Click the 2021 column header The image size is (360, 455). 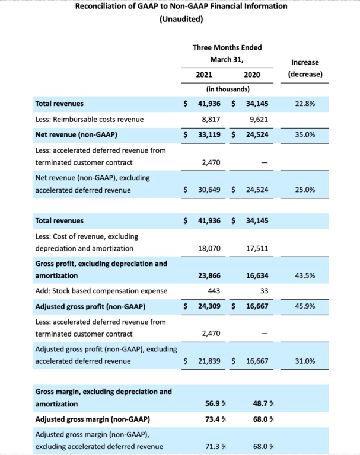pyautogui.click(x=204, y=75)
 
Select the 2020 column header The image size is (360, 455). pyautogui.click(x=251, y=75)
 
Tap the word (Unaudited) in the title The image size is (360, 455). pyautogui.click(x=181, y=20)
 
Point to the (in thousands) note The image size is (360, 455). pyautogui.click(x=227, y=89)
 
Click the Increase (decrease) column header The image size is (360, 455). pyautogui.click(x=305, y=68)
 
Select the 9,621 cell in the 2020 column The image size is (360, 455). pyautogui.click(x=258, y=120)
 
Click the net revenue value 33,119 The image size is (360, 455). pyautogui.click(x=208, y=135)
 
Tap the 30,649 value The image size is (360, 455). pyautogui.click(x=208, y=190)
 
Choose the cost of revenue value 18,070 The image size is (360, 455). pyautogui.click(x=208, y=249)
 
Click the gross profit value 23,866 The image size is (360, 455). pyautogui.click(x=208, y=276)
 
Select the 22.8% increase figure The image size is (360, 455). pyautogui.click(x=304, y=104)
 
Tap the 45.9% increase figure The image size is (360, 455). pyautogui.click(x=304, y=307)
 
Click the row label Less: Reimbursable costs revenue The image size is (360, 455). pyautogui.click(x=89, y=120)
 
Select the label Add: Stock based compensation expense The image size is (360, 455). pyautogui.click(x=101, y=291)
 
